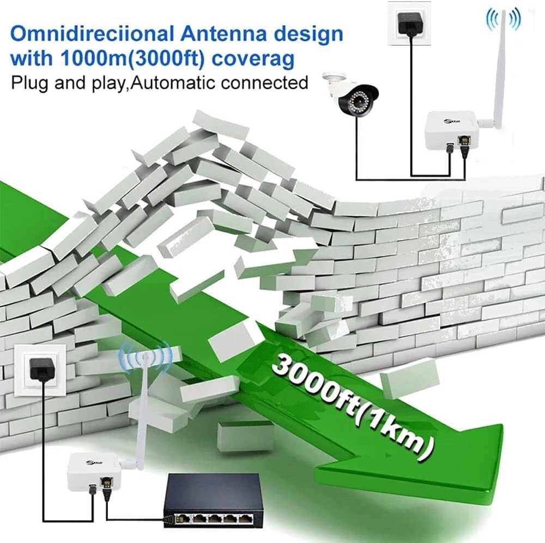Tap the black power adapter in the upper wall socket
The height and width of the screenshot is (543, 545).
(409, 23)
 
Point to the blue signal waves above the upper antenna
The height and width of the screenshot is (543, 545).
(502, 17)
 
